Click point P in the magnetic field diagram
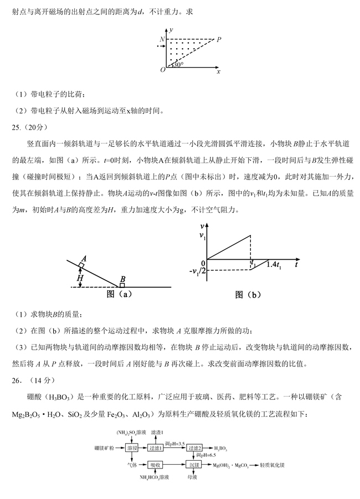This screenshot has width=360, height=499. [x=219, y=39]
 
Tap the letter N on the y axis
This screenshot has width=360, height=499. [x=162, y=39]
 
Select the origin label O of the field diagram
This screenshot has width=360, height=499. [x=162, y=70]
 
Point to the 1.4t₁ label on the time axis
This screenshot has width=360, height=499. [x=274, y=265]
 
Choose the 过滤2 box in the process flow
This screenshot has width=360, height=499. [x=194, y=449]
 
